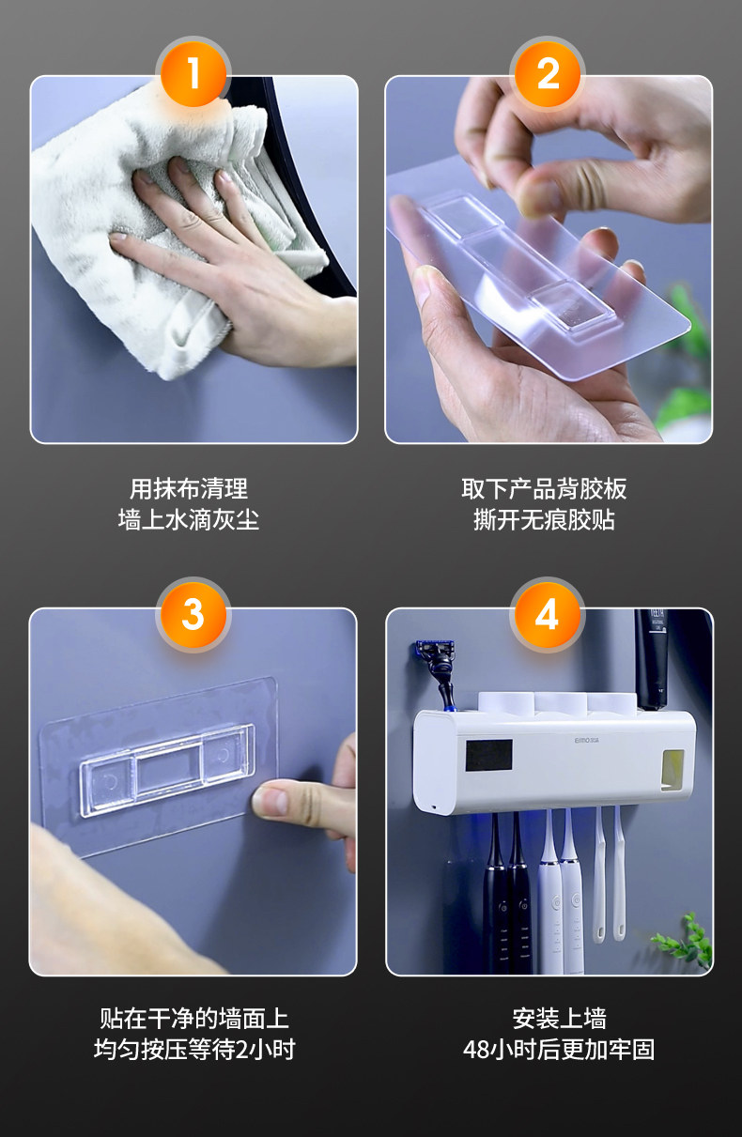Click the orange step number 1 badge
193,74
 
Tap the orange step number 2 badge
548,74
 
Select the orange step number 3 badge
193,615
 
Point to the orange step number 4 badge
548,615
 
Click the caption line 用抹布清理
189,489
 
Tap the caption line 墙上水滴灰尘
189,520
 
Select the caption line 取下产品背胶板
544,489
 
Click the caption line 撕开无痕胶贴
544,520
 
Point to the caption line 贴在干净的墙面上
194,1018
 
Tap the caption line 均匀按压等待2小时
194,1049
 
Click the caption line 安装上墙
559,1018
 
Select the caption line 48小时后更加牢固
559,1049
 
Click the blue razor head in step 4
435,651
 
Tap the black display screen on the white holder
489,755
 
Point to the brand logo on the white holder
587,741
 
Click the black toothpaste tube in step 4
652,659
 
